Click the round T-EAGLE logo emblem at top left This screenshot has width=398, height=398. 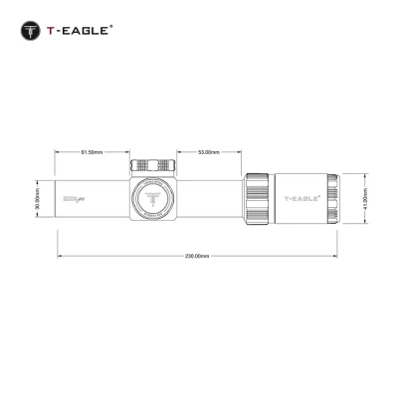[31, 31]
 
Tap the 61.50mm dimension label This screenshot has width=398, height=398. [90, 152]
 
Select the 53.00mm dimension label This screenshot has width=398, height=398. [208, 152]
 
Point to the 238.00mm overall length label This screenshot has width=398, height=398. [197, 256]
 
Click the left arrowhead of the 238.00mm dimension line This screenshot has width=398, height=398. [59, 256]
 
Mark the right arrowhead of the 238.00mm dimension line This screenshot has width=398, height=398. [338, 256]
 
